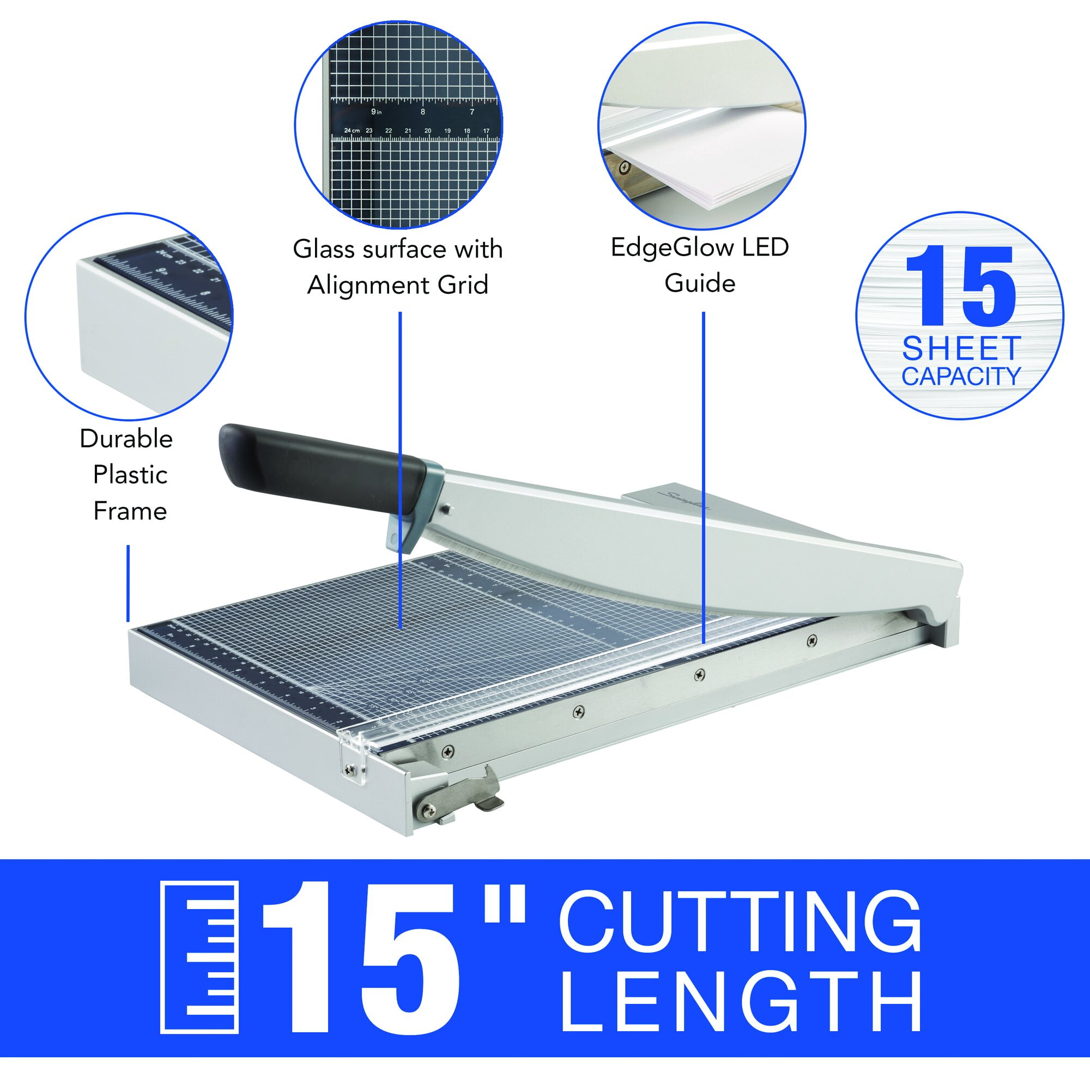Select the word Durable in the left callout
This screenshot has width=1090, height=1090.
pyautogui.click(x=126, y=439)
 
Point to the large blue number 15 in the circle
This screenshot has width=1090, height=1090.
pyautogui.click(x=960, y=287)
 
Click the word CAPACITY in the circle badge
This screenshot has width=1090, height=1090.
pyautogui.click(x=961, y=376)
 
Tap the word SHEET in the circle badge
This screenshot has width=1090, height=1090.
pyautogui.click(x=961, y=348)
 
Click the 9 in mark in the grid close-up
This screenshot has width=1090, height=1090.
pyautogui.click(x=376, y=112)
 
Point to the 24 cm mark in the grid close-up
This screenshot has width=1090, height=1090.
pyautogui.click(x=352, y=130)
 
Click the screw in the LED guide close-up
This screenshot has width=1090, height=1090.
pyautogui.click(x=624, y=166)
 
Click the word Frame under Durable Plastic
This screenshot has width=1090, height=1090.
pyautogui.click(x=130, y=512)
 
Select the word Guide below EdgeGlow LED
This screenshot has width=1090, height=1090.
pyautogui.click(x=700, y=283)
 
